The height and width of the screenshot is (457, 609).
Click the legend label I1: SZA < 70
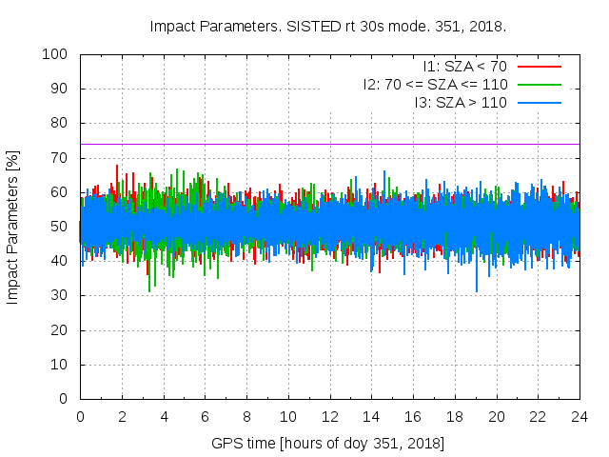(x=464, y=67)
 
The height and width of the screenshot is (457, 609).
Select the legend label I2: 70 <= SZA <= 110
(x=434, y=84)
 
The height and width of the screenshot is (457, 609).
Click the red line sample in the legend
(x=539, y=67)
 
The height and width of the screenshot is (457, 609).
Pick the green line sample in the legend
(x=539, y=84)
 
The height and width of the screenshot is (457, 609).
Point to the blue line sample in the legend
(x=539, y=102)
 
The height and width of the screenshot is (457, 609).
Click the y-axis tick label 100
(x=61, y=54)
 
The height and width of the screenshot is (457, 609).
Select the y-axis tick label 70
(x=65, y=158)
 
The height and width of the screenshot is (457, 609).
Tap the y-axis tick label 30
(x=65, y=295)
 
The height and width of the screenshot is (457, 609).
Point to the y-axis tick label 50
(x=65, y=227)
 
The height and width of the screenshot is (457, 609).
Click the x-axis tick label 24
(x=580, y=417)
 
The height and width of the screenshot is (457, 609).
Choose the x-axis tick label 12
(x=330, y=417)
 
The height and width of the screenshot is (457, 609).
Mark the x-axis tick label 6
(x=205, y=417)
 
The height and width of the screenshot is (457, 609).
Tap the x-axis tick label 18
(x=455, y=417)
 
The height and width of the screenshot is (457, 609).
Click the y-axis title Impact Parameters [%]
(x=13, y=227)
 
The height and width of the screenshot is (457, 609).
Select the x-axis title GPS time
(x=246, y=444)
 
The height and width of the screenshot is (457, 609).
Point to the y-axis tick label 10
(x=65, y=364)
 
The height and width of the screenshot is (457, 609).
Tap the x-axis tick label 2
(x=122, y=417)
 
